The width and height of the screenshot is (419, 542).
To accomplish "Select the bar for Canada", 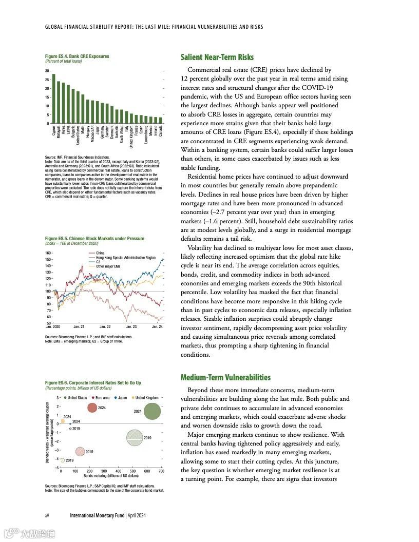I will point(161,120).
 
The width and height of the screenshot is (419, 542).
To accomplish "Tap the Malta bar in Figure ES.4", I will point(83,109).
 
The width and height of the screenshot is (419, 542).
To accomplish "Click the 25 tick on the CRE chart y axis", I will point(47,80).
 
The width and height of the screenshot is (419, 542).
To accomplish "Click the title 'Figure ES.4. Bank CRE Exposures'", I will point(77,56).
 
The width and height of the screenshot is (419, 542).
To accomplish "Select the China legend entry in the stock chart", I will point(100,253).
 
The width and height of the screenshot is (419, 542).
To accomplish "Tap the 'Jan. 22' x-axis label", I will point(105,326).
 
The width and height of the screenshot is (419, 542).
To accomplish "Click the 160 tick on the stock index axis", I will point(48,253).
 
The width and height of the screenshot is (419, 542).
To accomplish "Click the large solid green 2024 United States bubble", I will point(152,411).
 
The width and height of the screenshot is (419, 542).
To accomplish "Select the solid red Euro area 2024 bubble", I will point(92,408).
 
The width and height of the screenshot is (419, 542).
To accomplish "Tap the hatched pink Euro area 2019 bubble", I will point(80,452).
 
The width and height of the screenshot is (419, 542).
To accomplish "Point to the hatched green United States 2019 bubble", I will point(135,437).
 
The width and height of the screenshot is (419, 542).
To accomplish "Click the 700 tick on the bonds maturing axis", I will point(161,471).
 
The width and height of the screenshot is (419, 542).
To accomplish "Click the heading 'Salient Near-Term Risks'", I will point(217,57).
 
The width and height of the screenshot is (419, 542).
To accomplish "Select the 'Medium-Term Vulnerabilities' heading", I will point(225,378).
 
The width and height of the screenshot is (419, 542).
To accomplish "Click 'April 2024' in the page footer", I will point(136,515).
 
